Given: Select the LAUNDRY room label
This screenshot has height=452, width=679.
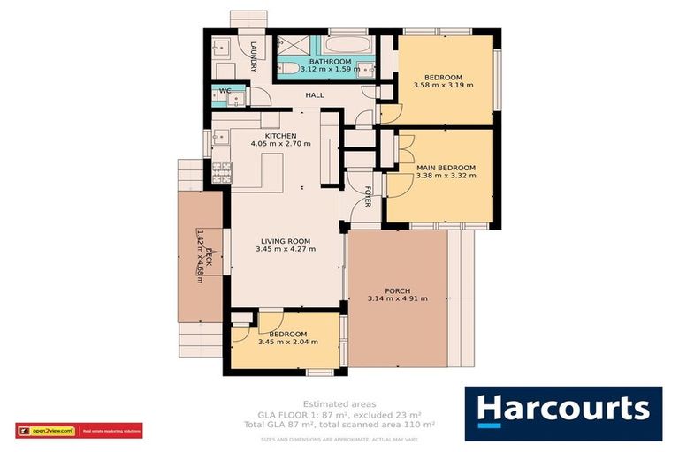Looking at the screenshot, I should coord(254,56).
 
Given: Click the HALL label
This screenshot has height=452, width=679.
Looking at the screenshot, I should coord(315,95).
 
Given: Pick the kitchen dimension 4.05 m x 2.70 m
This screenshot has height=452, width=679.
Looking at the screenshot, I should coord(279,144).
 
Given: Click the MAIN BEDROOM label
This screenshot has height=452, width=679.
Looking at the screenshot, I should coord(446,168).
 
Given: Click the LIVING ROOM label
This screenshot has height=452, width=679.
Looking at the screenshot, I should coord(286,240).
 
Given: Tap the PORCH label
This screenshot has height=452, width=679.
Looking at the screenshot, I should coord(397,290).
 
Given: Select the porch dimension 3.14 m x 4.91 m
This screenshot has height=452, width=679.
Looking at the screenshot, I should coord(398,298).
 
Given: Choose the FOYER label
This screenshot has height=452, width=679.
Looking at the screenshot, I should coord(369,200).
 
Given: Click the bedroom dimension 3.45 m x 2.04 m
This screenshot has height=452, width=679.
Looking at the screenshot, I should coord(287,342).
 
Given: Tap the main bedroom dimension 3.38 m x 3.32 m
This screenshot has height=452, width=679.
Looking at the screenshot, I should coord(446,176).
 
